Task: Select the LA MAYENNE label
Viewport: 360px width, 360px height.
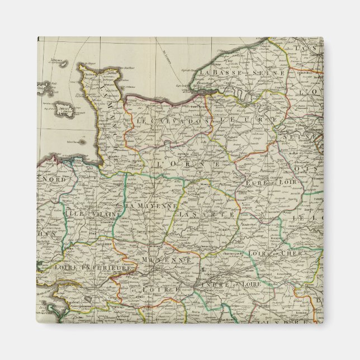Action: tap(151, 206)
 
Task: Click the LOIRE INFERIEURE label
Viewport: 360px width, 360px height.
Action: tap(97, 269)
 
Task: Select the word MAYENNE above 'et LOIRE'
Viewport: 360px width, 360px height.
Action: tap(165, 260)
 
